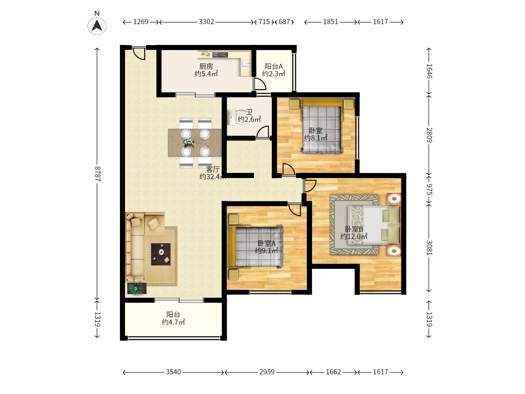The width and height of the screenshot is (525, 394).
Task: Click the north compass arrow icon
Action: [97, 26]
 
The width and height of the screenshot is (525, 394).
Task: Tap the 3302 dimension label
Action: [206, 22]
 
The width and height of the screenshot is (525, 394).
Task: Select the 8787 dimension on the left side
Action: [97, 174]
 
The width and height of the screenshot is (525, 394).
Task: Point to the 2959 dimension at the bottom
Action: [267, 372]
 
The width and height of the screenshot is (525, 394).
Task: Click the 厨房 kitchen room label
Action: [206, 66]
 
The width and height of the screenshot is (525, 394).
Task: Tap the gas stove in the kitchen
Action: [220, 55]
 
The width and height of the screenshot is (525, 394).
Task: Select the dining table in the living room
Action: [195, 143]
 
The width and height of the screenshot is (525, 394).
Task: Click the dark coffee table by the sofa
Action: [161, 254]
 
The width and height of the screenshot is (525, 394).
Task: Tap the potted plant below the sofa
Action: [137, 288]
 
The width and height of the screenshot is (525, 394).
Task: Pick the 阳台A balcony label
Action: [274, 66]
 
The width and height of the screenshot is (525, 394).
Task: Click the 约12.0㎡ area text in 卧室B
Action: [354, 236]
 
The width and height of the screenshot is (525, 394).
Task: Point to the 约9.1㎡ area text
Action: [267, 251]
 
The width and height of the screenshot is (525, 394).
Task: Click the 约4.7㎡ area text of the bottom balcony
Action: [173, 322]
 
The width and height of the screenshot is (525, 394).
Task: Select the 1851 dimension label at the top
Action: [331, 22]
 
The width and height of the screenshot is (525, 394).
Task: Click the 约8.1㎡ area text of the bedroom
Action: [316, 138]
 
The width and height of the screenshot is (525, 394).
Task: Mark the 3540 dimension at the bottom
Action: [174, 372]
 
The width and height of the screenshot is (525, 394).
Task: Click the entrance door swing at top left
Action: [139, 54]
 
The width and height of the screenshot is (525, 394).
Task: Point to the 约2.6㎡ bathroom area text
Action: [249, 119]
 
